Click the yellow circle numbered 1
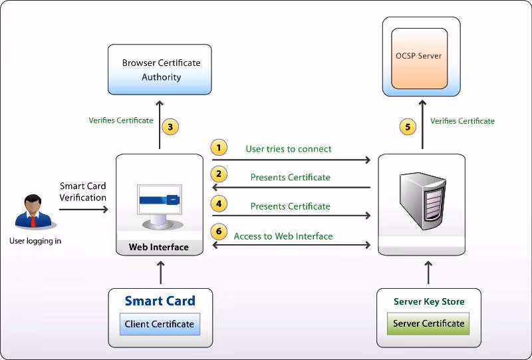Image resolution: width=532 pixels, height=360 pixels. coord(219,148)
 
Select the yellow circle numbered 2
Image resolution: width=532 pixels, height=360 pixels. coord(219,175)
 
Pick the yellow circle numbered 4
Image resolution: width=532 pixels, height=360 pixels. coord(219,203)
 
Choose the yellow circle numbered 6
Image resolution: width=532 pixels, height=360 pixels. coord(219,232)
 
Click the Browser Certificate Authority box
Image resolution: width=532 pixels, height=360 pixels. coord(160,70)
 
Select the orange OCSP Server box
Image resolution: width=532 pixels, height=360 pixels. coord(420,59)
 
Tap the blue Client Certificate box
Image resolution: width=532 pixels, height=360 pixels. coord(160,324)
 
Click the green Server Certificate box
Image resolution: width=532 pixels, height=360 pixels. coord(428,323)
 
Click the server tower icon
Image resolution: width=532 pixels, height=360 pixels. coord(421,198)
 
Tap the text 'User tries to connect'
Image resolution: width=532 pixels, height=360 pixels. coord(289,149)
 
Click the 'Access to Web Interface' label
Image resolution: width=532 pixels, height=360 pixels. coord(283,236)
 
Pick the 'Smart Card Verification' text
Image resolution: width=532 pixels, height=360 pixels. coord(82,192)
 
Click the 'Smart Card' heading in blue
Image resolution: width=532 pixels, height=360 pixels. coord(160,301)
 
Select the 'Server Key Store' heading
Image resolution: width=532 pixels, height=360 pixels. coord(429,301)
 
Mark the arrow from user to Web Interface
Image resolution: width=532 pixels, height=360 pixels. coord(83,210)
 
